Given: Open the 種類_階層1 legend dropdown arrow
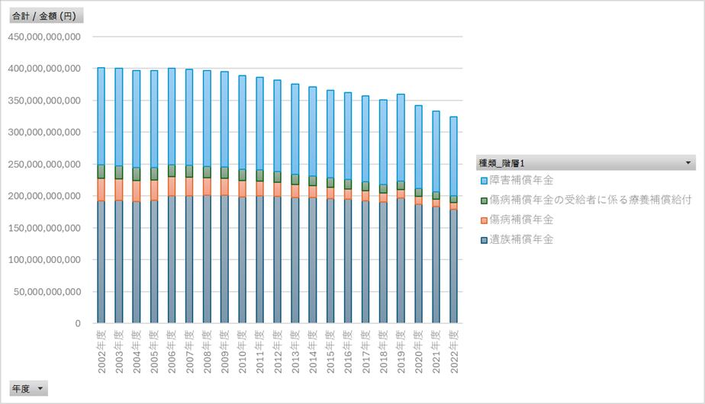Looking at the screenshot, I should click(689, 162).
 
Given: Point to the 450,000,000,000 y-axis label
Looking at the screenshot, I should click(43, 36).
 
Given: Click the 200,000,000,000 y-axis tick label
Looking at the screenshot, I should click(43, 196).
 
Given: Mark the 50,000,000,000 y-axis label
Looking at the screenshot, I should click(46, 291).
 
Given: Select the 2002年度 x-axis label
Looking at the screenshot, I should click(101, 353).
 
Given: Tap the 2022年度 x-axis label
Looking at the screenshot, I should click(454, 353).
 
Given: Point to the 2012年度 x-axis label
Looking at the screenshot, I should click(278, 353).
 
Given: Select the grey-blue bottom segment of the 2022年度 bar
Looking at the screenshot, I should click(454, 267).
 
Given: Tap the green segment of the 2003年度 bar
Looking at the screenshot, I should click(118, 172).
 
